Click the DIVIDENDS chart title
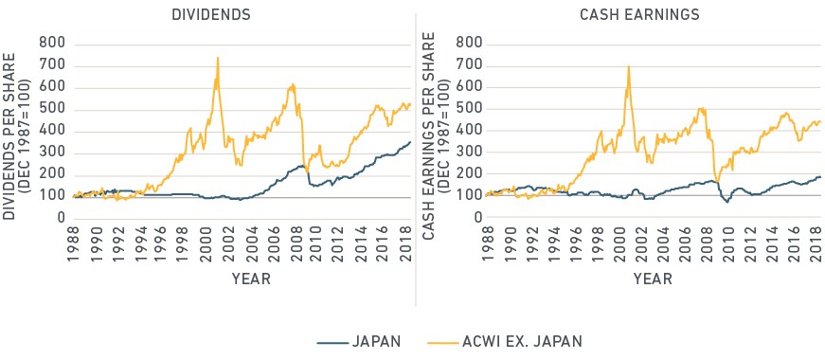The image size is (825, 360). pyautogui.click(x=211, y=15)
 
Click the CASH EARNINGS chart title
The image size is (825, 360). pyautogui.click(x=639, y=15)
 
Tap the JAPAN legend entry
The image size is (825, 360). pyautogui.click(x=359, y=341)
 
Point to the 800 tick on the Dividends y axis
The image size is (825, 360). pyautogui.click(x=52, y=44)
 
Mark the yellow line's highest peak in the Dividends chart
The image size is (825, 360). pyautogui.click(x=217, y=58)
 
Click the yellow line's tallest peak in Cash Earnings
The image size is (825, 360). pyautogui.click(x=628, y=66)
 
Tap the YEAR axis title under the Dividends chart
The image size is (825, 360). pyautogui.click(x=252, y=279)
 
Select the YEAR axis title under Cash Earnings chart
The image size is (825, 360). pyautogui.click(x=653, y=279)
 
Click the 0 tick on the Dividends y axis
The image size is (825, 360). pyautogui.click(x=60, y=219)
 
